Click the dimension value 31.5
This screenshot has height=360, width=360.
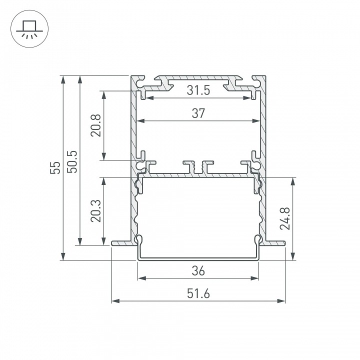click(x=198, y=91)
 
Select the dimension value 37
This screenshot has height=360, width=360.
click(x=198, y=113)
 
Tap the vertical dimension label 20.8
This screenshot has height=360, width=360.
click(x=97, y=125)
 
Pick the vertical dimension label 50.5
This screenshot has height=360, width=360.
click(x=72, y=161)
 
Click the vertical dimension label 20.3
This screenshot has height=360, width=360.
click(x=97, y=210)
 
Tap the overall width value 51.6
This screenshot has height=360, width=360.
click(x=198, y=294)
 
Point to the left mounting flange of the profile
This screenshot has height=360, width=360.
click(x=123, y=243)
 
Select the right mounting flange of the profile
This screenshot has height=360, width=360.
click(x=273, y=243)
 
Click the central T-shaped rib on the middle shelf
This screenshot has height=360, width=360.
click(x=198, y=166)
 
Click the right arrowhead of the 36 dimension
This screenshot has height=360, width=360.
click(x=255, y=278)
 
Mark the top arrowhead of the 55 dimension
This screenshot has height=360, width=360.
click(x=62, y=79)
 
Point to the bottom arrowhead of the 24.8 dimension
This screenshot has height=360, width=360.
click(x=292, y=257)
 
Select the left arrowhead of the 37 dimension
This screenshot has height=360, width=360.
click(x=140, y=120)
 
